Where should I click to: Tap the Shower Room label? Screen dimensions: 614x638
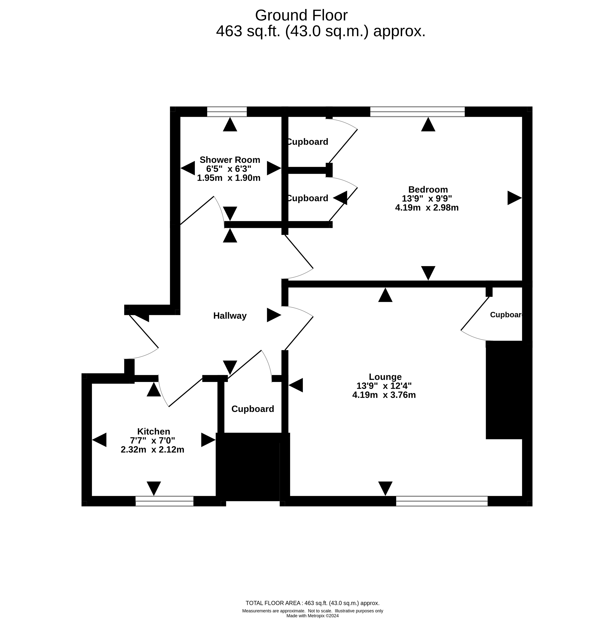point(230,160)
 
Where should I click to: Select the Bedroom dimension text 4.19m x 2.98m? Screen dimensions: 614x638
point(427,208)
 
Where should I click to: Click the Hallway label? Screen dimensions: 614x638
point(230,316)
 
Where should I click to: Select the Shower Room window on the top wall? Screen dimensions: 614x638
point(227,112)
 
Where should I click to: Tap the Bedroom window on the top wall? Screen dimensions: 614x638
point(417,112)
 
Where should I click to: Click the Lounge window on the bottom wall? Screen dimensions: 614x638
point(442,501)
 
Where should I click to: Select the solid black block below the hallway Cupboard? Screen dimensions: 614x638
point(248,467)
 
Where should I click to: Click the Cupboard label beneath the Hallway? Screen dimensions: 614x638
point(253,409)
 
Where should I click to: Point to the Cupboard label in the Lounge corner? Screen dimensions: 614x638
point(506,315)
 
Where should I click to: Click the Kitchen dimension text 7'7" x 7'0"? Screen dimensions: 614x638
point(152,440)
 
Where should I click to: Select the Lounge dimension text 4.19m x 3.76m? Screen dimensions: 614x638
point(384,395)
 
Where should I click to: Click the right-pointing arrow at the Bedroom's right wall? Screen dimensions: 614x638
point(515,198)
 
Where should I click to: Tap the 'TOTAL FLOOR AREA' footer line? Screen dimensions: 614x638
point(312,603)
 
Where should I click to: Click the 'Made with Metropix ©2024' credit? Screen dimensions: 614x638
point(312,616)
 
